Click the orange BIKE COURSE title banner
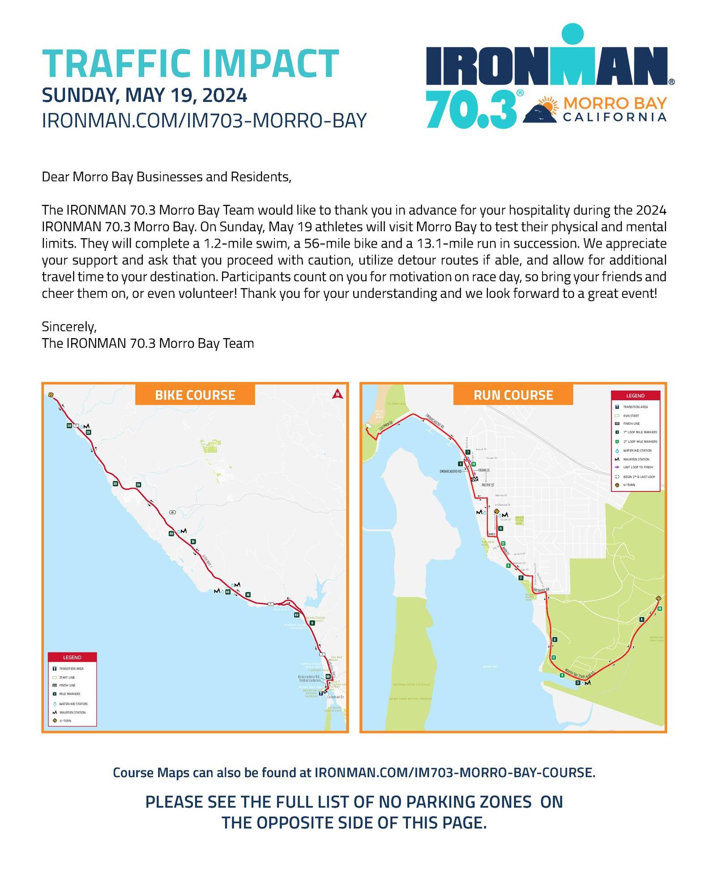(x=195, y=395)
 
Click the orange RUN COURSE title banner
(x=513, y=395)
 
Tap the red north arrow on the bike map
(x=337, y=394)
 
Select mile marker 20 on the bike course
(x=138, y=485)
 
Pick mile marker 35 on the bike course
(x=115, y=484)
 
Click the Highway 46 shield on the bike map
(x=172, y=512)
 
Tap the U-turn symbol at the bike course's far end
(x=51, y=395)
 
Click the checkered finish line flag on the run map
(x=474, y=479)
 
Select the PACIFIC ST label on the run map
(x=487, y=485)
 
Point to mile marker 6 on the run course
(x=500, y=529)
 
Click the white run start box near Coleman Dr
(x=368, y=425)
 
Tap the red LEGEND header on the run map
(x=635, y=396)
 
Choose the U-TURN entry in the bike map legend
(x=65, y=720)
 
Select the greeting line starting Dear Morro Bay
(x=167, y=177)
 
